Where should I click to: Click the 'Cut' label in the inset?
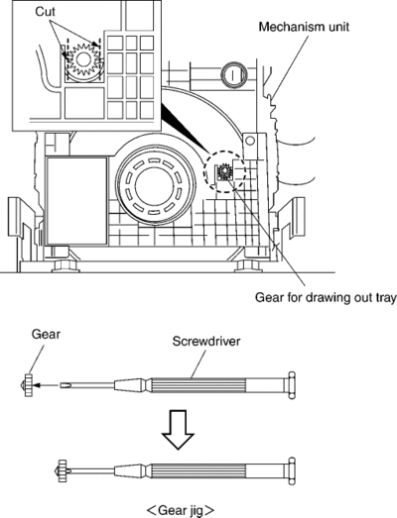tap(45, 12)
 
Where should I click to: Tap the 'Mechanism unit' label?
tap(304, 27)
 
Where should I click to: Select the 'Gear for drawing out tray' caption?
tap(326, 298)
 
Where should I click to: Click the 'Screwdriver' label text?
tap(206, 341)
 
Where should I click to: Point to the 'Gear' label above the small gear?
tap(46, 335)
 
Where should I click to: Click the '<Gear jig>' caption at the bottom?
tap(180, 510)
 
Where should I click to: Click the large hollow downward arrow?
tap(178, 430)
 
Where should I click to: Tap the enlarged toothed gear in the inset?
tap(82, 59)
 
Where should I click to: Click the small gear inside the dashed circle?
tap(225, 171)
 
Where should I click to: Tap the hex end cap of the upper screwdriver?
tap(292, 385)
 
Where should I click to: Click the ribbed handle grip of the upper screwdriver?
tap(198, 385)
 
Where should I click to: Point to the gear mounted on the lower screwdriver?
tap(63, 470)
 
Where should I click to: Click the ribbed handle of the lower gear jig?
tap(198, 470)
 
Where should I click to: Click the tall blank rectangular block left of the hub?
tap(76, 201)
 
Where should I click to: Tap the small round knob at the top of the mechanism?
tap(234, 74)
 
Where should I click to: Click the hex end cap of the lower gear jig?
tap(292, 470)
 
